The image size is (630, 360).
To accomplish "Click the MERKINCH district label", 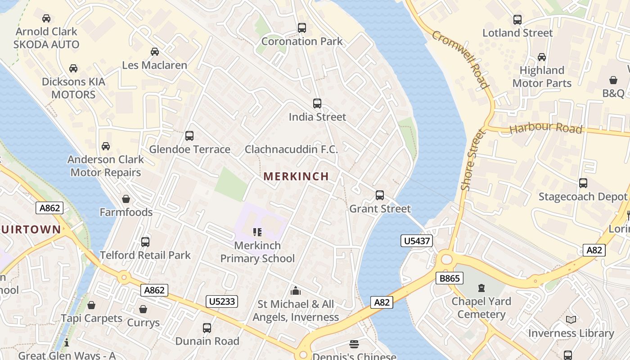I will (x=296, y=176).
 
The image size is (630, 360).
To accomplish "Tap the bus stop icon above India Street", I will (x=317, y=103).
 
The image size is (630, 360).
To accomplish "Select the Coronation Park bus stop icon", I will (x=302, y=28).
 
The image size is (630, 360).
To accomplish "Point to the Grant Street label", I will (x=380, y=209).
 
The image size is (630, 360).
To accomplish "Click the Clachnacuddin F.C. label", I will (x=291, y=149).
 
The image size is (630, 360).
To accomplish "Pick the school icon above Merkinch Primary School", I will (x=257, y=232).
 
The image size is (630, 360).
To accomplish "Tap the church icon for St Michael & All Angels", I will (x=296, y=291).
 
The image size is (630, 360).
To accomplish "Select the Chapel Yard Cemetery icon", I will (x=481, y=288).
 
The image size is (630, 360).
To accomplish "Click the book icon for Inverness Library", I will (x=571, y=319).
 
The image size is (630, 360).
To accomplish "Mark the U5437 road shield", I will (x=416, y=241).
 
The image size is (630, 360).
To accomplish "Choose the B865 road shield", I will (x=449, y=279).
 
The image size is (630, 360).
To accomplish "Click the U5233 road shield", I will (x=222, y=301).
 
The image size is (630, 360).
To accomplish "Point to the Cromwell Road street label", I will (x=460, y=59).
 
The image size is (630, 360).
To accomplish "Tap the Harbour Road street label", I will (x=546, y=128).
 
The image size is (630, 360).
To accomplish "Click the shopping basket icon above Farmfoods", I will (x=126, y=199).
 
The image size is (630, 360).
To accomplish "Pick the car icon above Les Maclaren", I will (x=155, y=52).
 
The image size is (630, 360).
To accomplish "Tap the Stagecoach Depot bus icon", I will (x=583, y=183).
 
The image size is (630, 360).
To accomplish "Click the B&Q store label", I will (x=614, y=93).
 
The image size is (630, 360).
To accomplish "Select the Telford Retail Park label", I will (x=145, y=255).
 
